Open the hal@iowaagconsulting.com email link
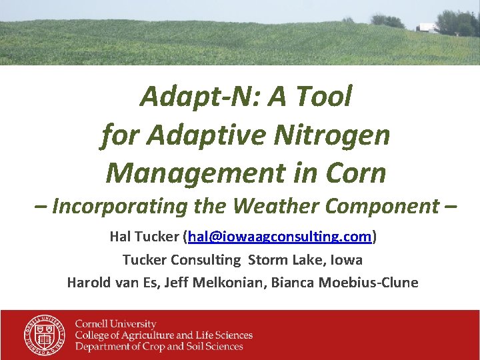pos(280,237)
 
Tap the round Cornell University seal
pos(45,335)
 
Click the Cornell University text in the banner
pos(115,324)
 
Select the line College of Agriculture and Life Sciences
pos(163,335)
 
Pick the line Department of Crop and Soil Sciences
pos(159,346)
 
